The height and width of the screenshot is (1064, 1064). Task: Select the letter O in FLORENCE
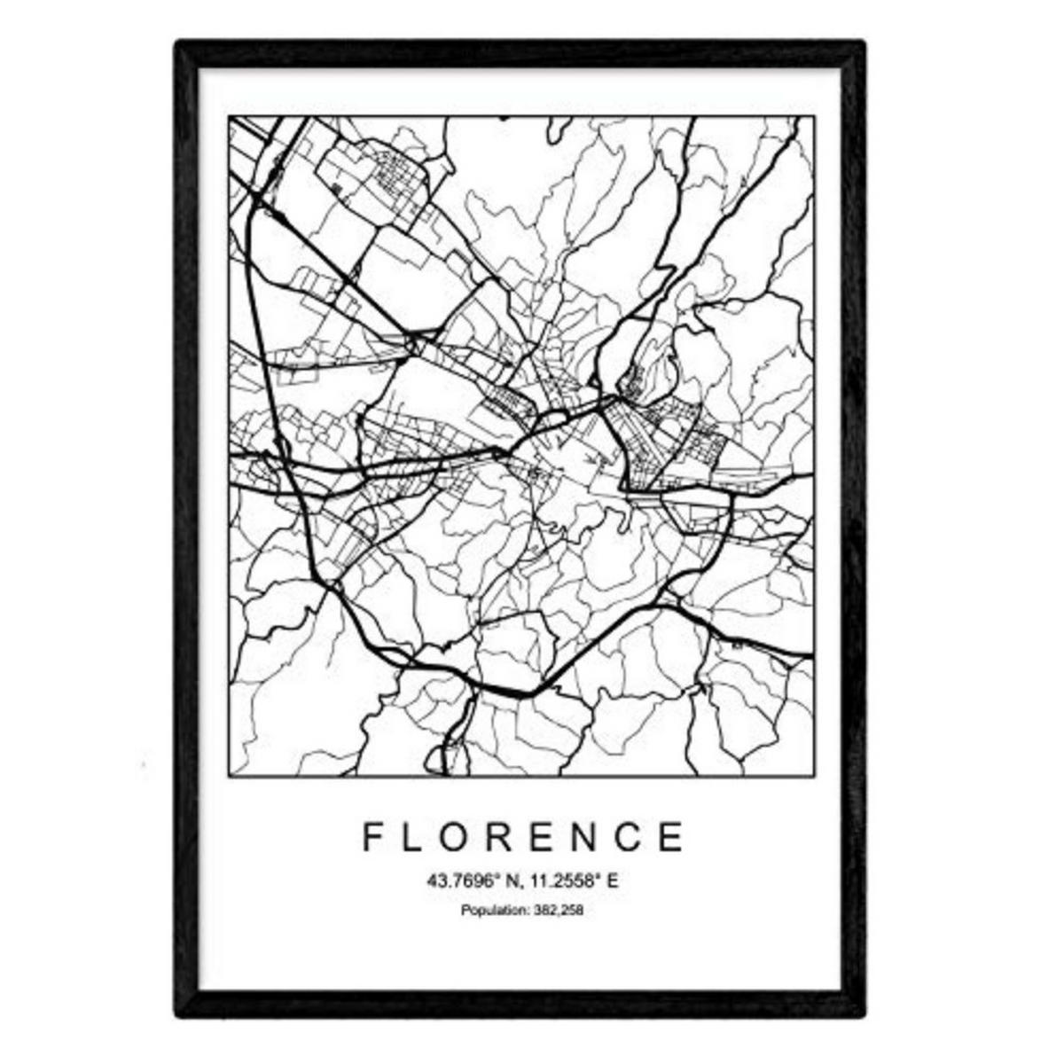461,836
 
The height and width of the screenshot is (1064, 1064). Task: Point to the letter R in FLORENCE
508,836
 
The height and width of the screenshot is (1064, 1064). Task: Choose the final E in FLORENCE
677,836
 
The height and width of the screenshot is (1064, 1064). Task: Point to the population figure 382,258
560,910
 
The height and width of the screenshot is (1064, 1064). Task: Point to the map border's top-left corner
230,117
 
